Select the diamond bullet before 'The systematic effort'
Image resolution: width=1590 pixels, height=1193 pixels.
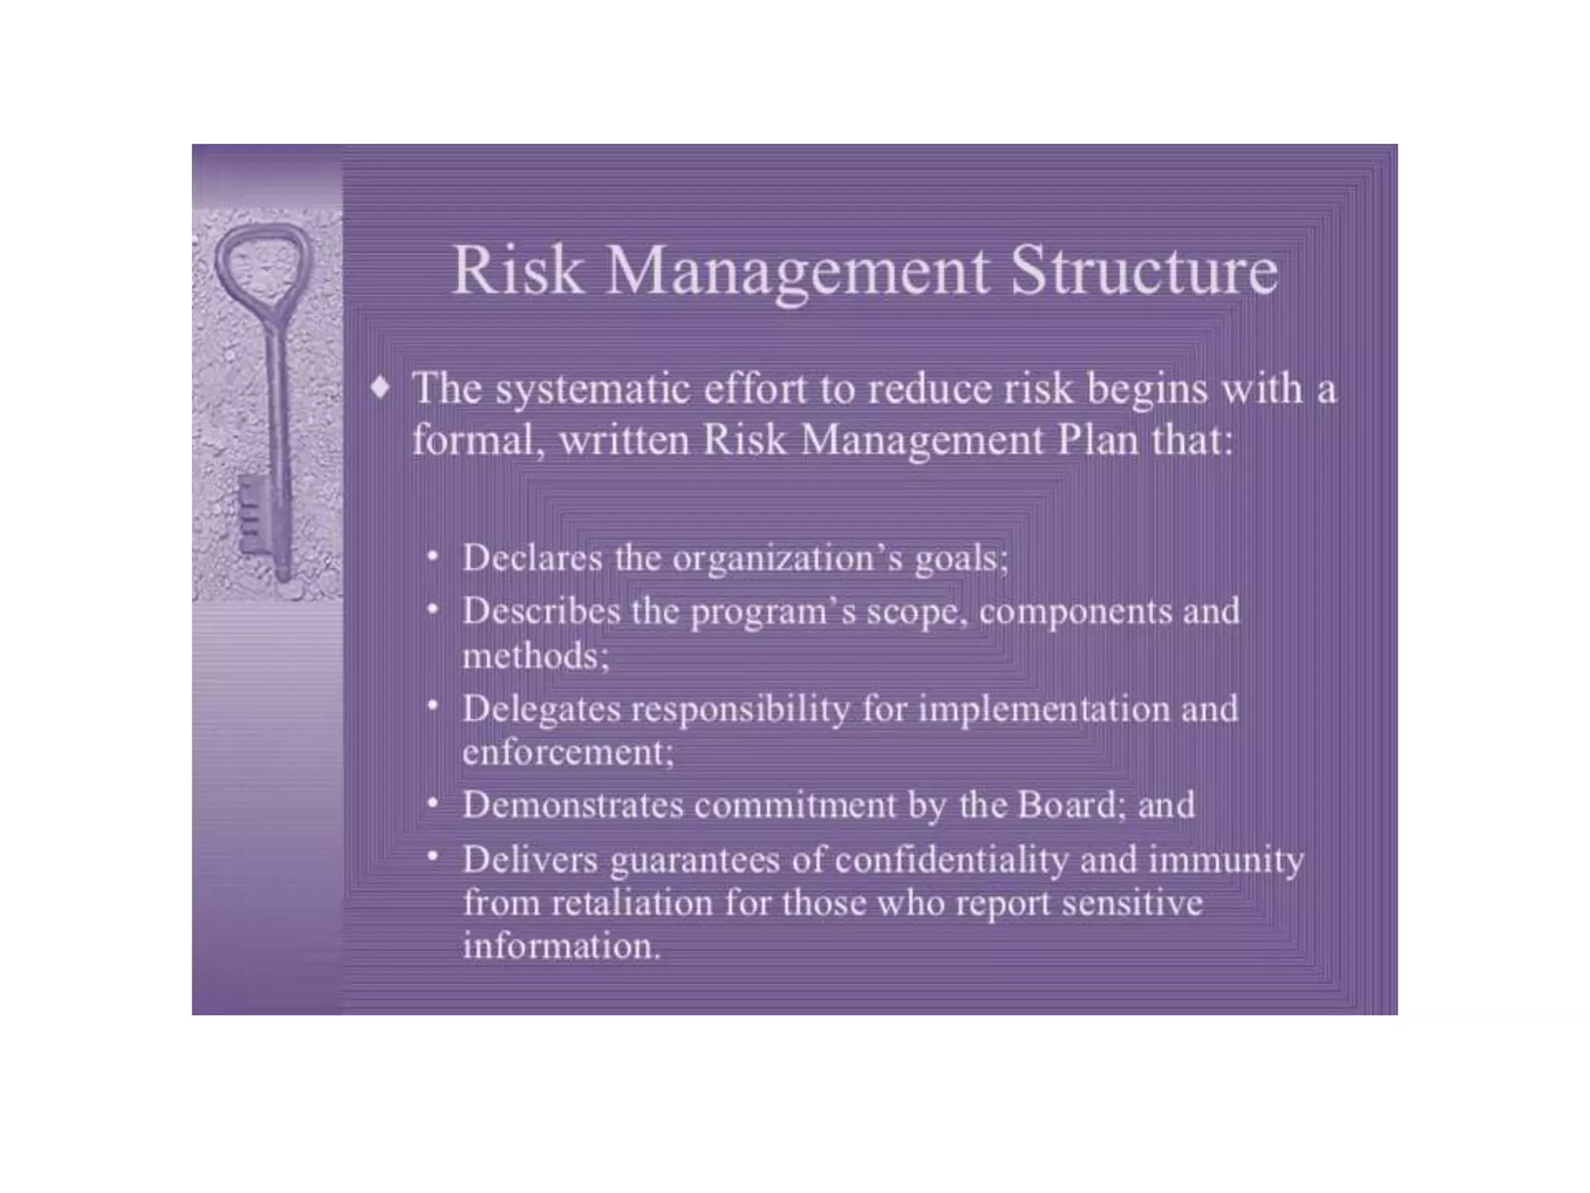[380, 386]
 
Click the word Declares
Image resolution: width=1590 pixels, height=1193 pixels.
[532, 558]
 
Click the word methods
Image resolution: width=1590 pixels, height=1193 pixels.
[534, 656]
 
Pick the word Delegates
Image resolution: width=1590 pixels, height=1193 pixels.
[541, 709]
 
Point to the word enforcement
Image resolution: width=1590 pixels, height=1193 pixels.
[567, 752]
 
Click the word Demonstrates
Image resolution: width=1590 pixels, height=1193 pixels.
[573, 805]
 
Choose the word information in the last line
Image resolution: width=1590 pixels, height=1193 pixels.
[561, 946]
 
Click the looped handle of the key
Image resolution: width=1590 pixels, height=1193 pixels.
[264, 260]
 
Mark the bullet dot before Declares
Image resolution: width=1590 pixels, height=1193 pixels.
[433, 555]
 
